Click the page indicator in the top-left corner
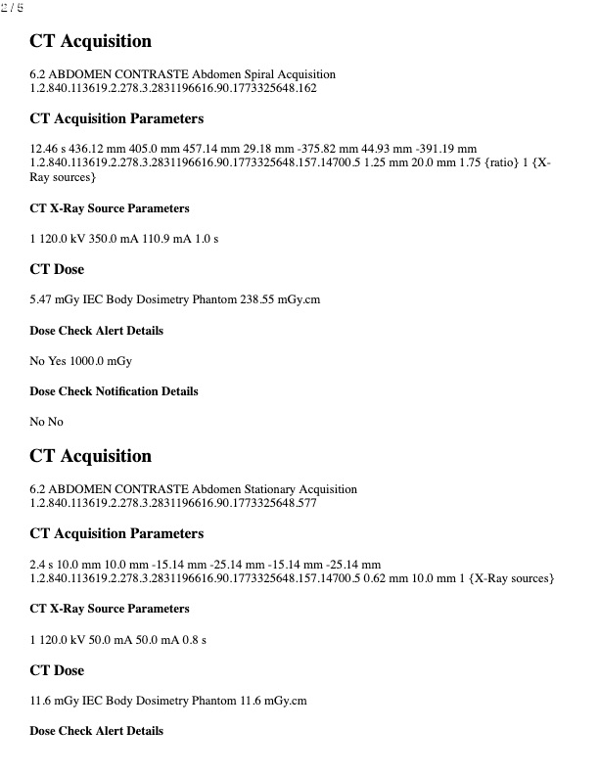click(x=14, y=8)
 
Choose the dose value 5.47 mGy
click(x=54, y=300)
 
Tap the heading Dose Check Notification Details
click(x=114, y=391)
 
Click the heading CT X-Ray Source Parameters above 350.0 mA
click(x=110, y=208)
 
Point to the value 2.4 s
click(x=42, y=564)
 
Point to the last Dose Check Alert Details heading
click(x=96, y=731)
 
